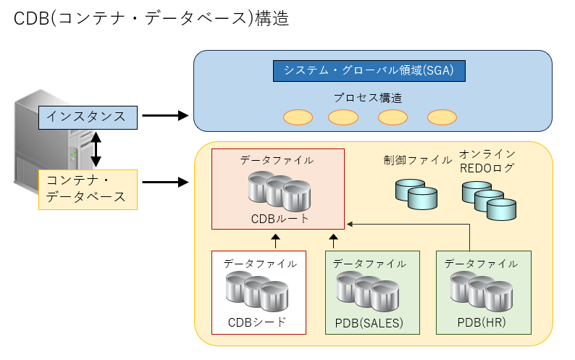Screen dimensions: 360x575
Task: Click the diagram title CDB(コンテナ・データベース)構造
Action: coord(151,20)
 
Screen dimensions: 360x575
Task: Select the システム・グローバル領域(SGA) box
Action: coord(369,70)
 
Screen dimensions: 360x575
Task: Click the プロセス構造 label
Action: coord(368,98)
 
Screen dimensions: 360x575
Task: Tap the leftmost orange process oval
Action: coord(297,117)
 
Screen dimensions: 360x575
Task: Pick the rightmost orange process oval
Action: coord(441,117)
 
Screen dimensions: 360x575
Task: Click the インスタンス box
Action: coord(87,116)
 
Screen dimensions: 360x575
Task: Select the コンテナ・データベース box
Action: coord(87,188)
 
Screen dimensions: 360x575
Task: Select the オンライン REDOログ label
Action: coord(487,161)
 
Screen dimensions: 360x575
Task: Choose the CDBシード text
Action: coord(257,322)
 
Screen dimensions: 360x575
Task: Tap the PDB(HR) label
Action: coord(482,322)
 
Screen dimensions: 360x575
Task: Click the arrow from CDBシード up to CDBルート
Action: coord(275,240)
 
